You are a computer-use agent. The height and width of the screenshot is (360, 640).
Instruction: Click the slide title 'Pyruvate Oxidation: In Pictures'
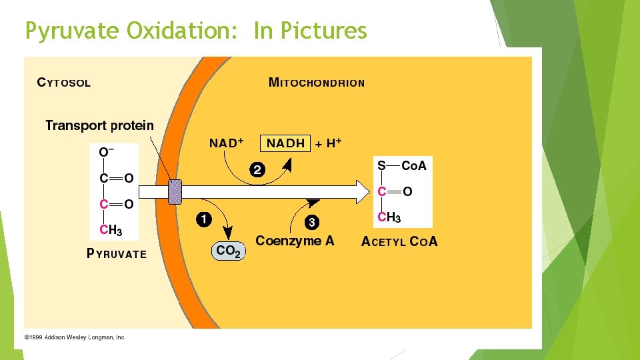pos(195,31)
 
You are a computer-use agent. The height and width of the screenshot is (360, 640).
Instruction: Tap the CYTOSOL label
pos(64,83)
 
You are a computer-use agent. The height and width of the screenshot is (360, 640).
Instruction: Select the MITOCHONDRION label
pos(316,83)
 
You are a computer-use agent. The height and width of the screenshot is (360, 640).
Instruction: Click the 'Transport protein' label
pos(99,125)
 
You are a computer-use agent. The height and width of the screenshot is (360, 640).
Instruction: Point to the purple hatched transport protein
pos(175,191)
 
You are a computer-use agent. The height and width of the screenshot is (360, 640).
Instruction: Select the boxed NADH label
pos(285,143)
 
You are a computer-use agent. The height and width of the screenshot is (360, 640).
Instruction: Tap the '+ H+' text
pos(329,143)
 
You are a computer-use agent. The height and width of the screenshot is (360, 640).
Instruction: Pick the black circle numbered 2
pos(257,169)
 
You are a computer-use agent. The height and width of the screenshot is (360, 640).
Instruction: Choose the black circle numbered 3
pos(311,221)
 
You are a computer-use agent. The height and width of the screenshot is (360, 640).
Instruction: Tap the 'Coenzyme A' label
pos(295,241)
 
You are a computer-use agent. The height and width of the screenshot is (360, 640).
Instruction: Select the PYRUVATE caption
pos(117,253)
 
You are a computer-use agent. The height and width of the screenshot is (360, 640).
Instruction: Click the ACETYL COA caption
pos(399,242)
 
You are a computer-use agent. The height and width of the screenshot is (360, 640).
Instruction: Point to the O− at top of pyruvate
pos(105,153)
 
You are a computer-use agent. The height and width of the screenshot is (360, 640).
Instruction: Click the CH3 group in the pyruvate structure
pos(110,230)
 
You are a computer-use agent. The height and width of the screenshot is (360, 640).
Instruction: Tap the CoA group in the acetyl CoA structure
pos(413,166)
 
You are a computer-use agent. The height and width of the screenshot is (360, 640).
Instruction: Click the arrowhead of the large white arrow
pos(361,192)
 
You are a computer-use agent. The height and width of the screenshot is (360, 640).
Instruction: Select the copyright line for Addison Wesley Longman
pos(75,337)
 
